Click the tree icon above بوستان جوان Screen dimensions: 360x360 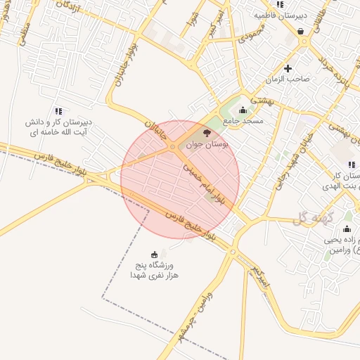[x=205, y=133]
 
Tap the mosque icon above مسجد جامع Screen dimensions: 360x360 [x=243, y=110]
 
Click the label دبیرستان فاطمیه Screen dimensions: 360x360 [x=281, y=15]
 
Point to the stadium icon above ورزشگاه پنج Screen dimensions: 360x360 [x=155, y=255]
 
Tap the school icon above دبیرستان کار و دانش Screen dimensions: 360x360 [x=58, y=110]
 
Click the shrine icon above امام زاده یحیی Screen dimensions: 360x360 [x=346, y=229]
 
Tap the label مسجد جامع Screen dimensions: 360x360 [x=243, y=121]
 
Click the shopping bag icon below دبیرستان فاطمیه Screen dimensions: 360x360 [x=302, y=32]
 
